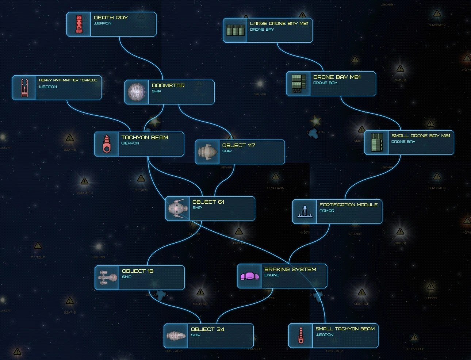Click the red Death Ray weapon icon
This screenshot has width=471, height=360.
coord(79,24)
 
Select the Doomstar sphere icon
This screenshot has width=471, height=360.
coord(137,92)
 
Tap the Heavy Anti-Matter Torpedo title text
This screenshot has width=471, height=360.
coord(68,80)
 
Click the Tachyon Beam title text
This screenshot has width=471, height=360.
coord(145,137)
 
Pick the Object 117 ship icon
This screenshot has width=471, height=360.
coord(207,152)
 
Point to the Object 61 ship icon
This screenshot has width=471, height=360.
coord(177,208)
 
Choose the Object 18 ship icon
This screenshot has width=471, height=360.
coord(107,277)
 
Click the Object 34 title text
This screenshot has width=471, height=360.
coord(207,329)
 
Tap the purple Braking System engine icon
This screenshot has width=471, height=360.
coord(249,276)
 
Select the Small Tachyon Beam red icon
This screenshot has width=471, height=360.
coord(300,335)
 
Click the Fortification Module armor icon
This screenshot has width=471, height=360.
coord(305,211)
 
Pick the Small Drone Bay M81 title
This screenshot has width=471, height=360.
coord(421,136)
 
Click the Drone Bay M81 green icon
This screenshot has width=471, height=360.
coord(299,84)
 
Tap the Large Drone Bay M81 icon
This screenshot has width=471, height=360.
coord(235,30)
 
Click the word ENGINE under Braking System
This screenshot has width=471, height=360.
coord(272,275)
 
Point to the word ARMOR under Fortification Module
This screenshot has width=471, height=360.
coord(326,211)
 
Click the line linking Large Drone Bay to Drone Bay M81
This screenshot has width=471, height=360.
coord(299,57)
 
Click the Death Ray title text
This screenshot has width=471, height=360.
coord(110,18)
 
